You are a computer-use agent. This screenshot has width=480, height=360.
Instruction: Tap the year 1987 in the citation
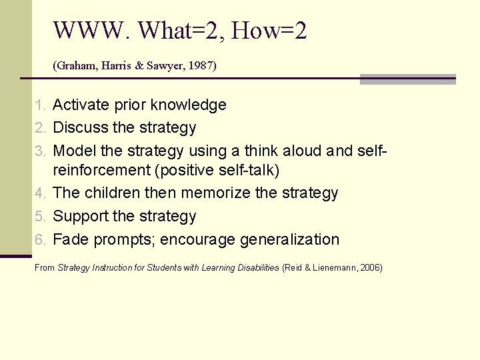pyautogui.click(x=201, y=66)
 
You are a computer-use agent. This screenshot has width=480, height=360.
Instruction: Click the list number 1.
pyautogui.click(x=40, y=105)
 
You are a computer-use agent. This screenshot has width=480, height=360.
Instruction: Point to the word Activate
pyautogui.click(x=81, y=105)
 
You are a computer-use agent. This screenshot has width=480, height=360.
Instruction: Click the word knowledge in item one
pyautogui.click(x=189, y=105)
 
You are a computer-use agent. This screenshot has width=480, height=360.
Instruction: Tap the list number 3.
pyautogui.click(x=40, y=150)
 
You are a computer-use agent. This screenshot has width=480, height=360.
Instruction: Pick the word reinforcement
pyautogui.click(x=101, y=171)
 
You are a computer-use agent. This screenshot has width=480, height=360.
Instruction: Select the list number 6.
pyautogui.click(x=40, y=240)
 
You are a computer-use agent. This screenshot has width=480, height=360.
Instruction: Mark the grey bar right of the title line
pyautogui.click(x=407, y=79)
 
